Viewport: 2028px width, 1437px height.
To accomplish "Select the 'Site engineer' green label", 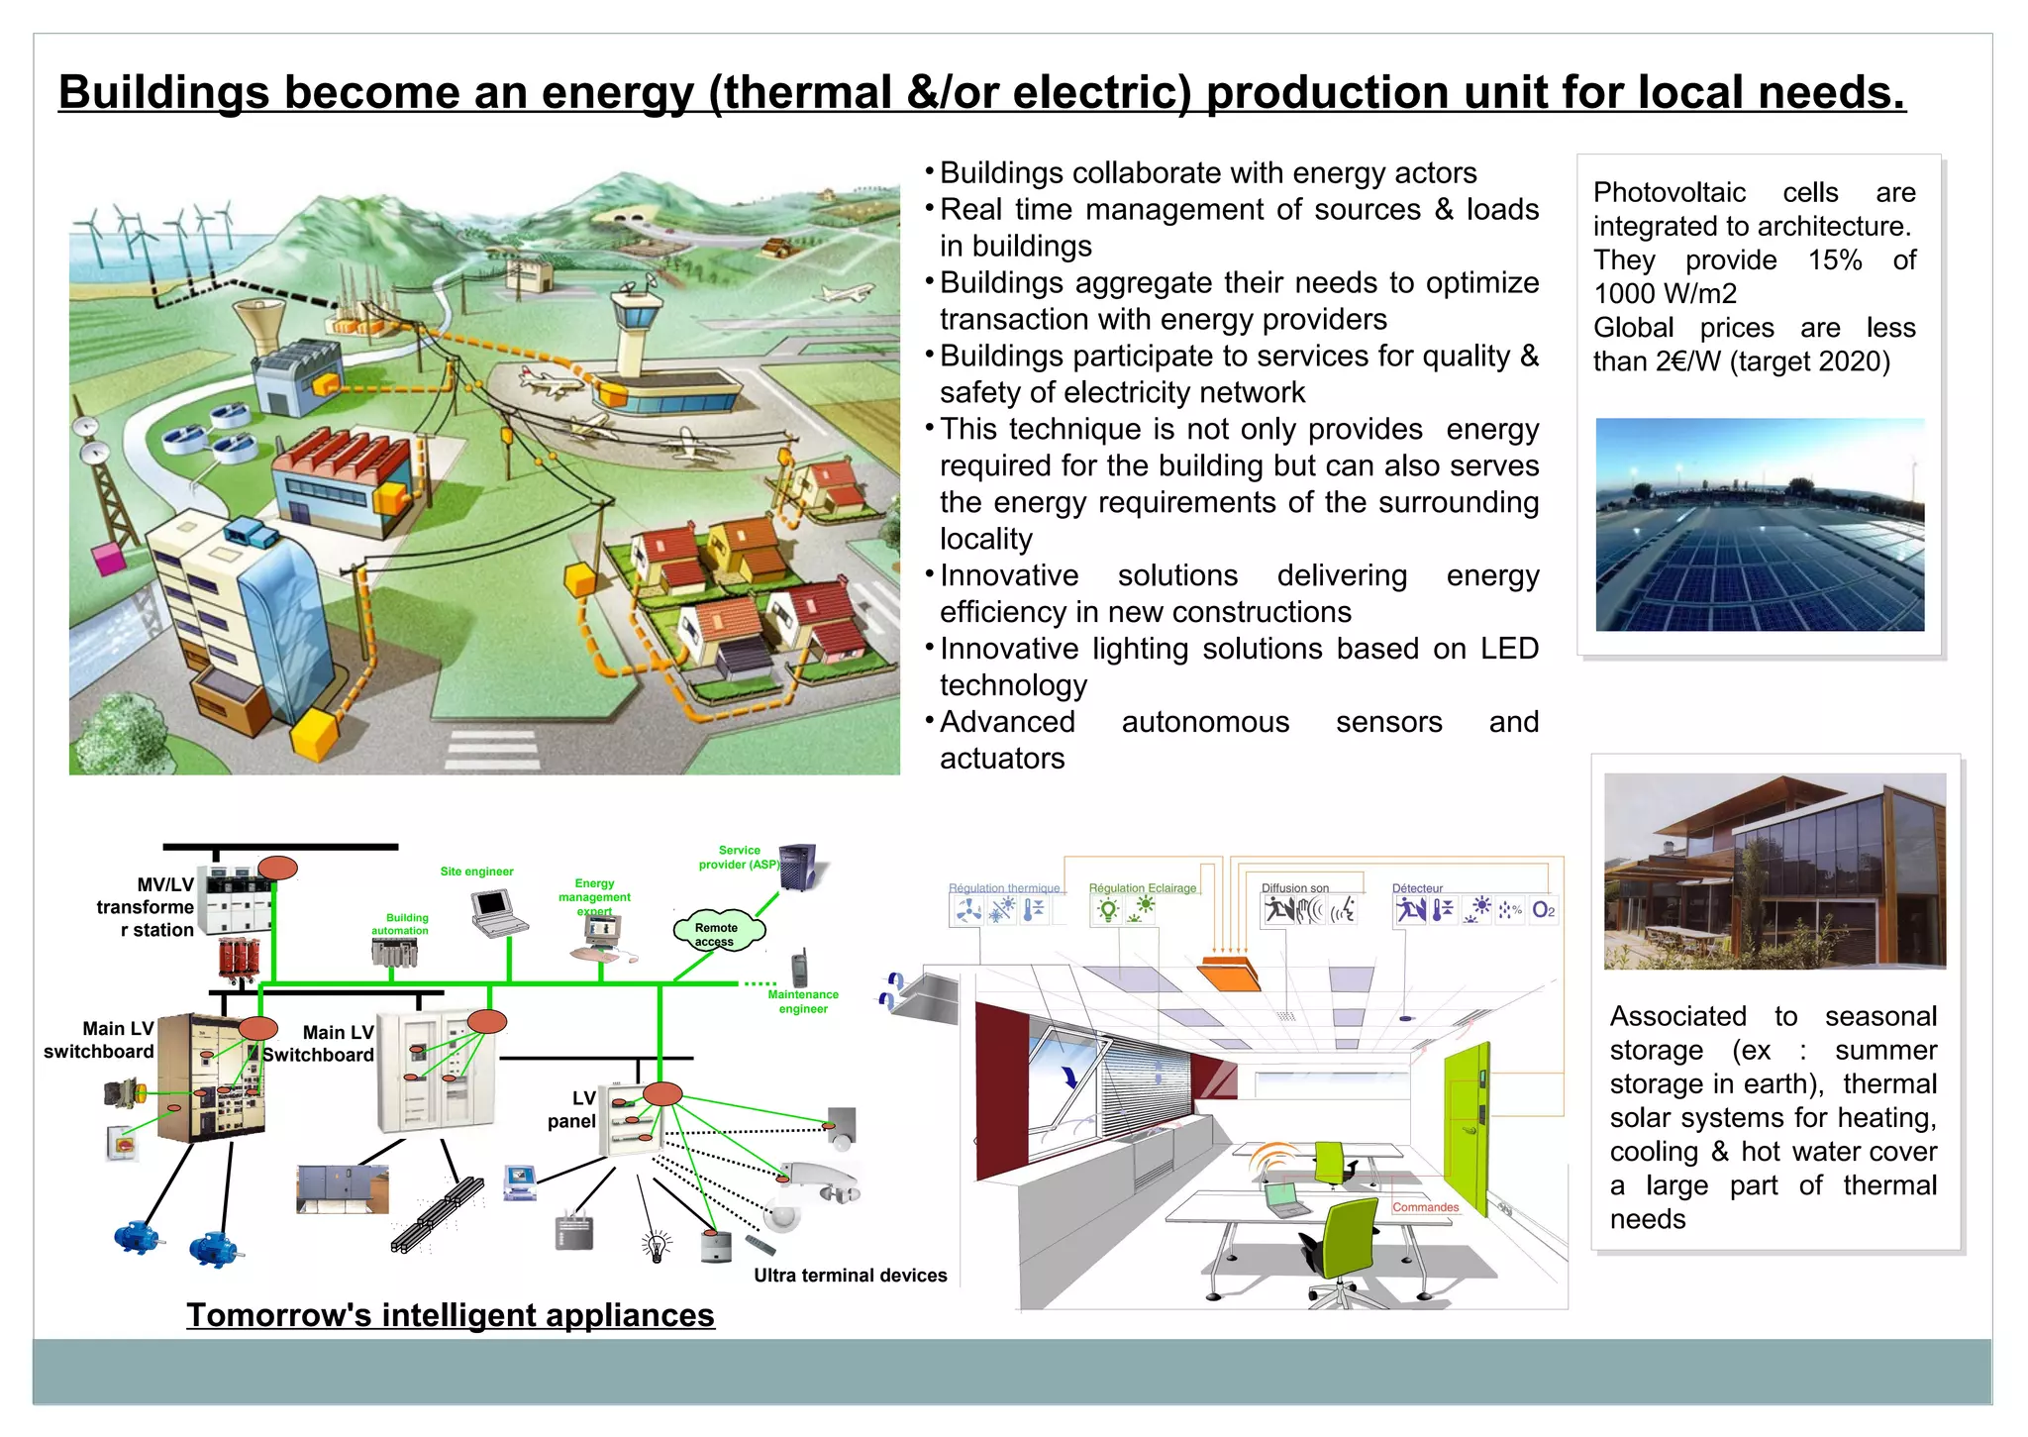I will click(476, 872).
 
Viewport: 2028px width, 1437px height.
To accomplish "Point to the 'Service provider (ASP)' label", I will click(739, 858).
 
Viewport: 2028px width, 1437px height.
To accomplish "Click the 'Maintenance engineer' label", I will click(803, 1001).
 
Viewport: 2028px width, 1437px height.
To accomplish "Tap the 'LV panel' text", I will click(573, 1109).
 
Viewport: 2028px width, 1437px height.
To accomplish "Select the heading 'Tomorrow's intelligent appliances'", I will click(451, 1315).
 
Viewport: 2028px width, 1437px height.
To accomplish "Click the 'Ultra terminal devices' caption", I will click(850, 1276).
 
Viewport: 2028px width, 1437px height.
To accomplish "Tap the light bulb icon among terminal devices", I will click(657, 1246).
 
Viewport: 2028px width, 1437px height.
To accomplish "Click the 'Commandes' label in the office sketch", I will click(1425, 1207).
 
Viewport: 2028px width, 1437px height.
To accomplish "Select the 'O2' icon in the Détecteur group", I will click(1543, 909).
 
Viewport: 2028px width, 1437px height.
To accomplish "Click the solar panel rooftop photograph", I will click(1760, 525).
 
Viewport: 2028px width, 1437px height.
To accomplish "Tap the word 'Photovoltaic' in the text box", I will click(1669, 192).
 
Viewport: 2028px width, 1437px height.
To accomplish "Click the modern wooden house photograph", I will click(1774, 871).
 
